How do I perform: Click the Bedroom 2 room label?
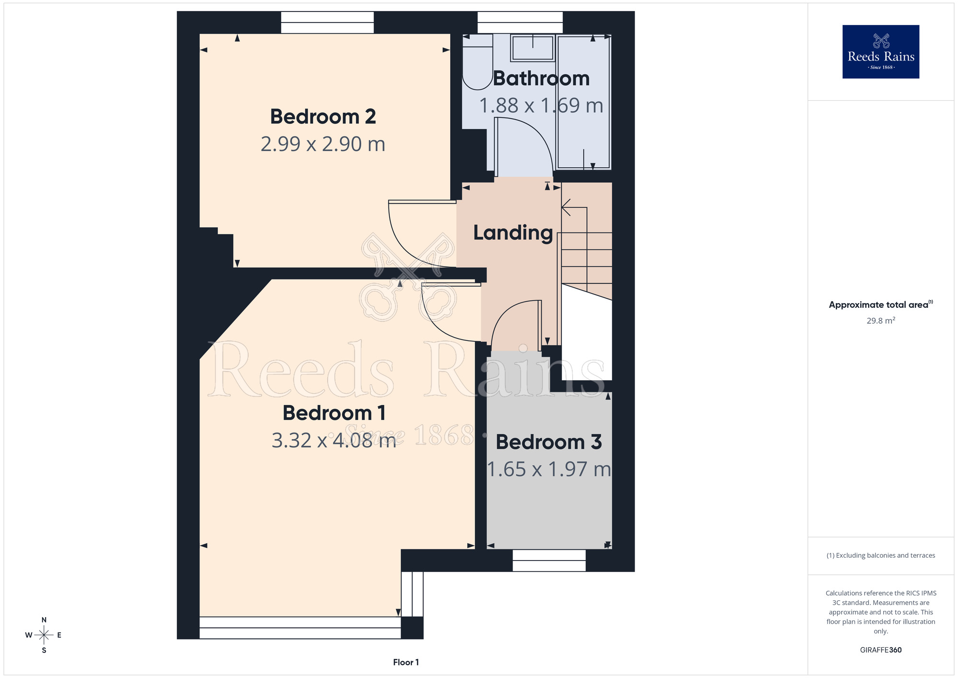point(323,117)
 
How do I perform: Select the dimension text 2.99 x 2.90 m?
point(323,144)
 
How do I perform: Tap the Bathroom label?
point(541,78)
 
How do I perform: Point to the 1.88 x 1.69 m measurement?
point(541,105)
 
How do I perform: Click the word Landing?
point(513,233)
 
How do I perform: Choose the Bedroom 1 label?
point(334,413)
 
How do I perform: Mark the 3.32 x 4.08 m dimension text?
point(334,440)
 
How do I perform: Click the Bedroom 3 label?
point(548,442)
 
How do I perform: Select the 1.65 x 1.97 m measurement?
point(549,469)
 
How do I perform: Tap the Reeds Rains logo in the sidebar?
point(880,52)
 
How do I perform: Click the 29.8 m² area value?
point(880,320)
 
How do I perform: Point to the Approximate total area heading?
point(880,304)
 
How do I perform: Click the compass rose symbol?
point(44,635)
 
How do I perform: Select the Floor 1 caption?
point(406,662)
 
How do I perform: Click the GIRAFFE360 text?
point(880,650)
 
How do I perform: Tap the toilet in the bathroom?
point(478,62)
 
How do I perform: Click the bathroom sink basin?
point(533,48)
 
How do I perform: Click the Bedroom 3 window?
point(549,561)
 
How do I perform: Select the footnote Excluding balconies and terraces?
point(880,555)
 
